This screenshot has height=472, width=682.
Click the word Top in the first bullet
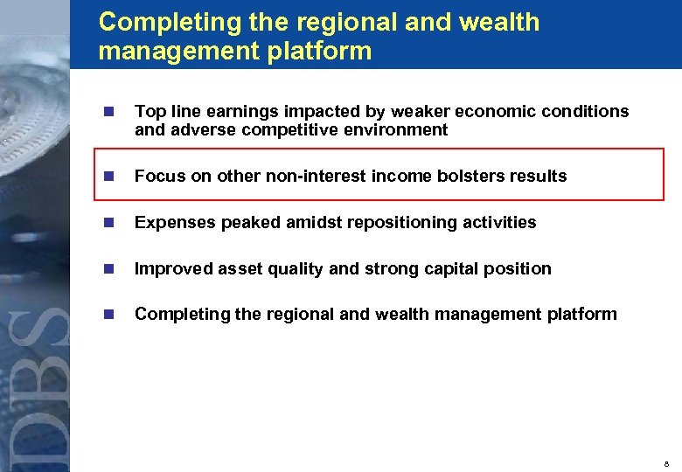(x=149, y=112)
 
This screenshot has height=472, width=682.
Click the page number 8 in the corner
(x=667, y=462)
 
